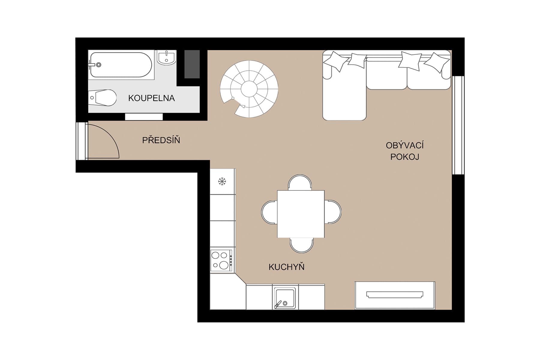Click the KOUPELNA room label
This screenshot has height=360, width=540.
tap(151, 98)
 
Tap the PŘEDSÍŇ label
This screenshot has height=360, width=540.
tap(161, 140)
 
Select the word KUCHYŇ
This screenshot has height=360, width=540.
tap(286, 267)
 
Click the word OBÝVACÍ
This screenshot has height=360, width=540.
tap(404, 145)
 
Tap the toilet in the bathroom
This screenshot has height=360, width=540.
tap(103, 98)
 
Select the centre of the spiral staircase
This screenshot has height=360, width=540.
tap(249, 89)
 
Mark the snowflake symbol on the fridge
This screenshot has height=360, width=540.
tap(222, 181)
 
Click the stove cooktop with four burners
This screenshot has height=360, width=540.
tap(221, 260)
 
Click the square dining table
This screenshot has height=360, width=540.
tap(301, 214)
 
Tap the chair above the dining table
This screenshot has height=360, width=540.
tap(300, 182)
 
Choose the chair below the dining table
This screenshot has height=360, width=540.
tap(301, 245)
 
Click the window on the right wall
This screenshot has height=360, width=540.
tap(458, 125)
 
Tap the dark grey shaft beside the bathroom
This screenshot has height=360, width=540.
tap(192, 64)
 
